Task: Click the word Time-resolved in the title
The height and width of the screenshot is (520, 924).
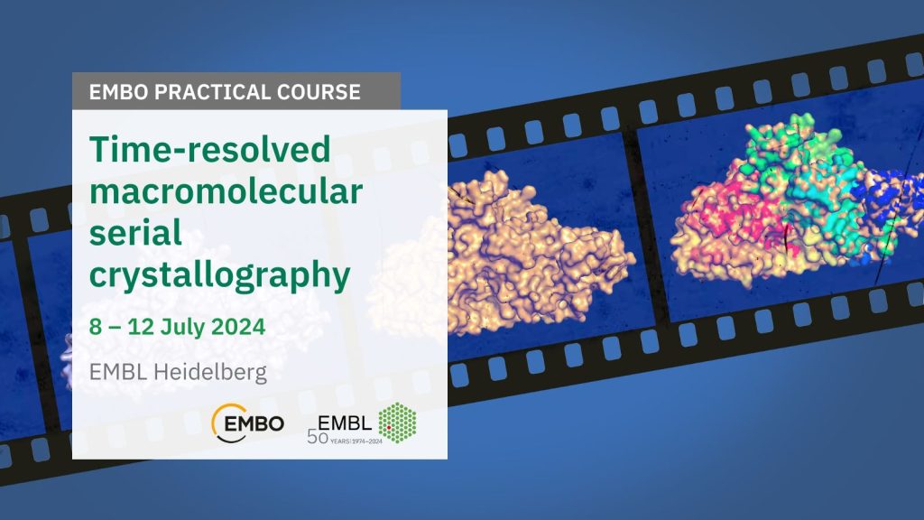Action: point(209,149)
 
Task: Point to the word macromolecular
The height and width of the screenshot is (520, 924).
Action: point(226,191)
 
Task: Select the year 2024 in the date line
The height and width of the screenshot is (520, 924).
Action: point(238,327)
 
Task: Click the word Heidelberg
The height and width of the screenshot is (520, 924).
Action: point(209,373)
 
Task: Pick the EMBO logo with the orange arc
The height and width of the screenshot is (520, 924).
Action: point(247,422)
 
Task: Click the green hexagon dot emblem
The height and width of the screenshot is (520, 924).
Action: point(397,422)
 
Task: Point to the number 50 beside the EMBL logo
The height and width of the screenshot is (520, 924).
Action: point(318,437)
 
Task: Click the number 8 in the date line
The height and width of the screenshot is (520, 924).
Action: point(95,327)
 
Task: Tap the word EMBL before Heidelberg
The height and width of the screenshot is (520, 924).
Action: point(118,372)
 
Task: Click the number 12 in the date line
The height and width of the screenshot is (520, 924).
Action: point(141,327)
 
